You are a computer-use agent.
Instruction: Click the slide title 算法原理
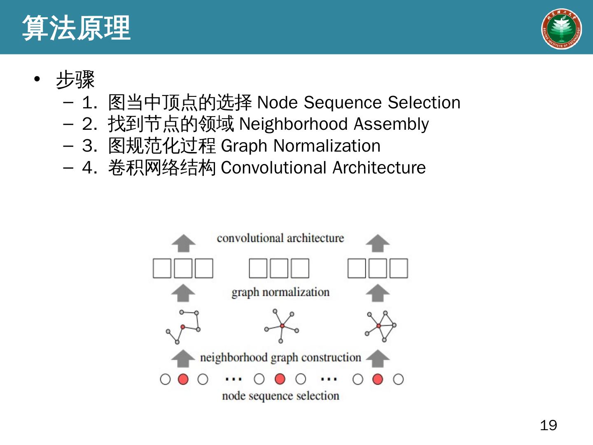point(76,28)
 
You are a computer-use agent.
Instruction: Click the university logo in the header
point(561,29)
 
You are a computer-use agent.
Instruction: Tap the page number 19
point(548,425)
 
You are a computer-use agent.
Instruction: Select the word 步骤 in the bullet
point(75,80)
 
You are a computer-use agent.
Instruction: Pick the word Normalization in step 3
point(327,146)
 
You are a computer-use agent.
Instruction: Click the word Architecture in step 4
point(379,168)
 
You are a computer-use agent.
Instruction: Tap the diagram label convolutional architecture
point(280,238)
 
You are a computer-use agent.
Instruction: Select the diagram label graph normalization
point(280,292)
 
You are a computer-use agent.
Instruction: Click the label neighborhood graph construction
point(280,357)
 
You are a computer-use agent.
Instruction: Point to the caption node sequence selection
point(280,396)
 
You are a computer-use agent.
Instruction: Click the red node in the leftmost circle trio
point(183,379)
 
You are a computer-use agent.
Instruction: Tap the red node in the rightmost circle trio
point(377,379)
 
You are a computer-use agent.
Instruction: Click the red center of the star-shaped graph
point(282,326)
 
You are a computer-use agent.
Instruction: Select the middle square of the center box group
point(279,268)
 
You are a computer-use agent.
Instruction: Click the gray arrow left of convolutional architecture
point(183,243)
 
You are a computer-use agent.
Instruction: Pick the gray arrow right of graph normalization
point(378,293)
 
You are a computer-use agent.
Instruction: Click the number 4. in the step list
point(89,168)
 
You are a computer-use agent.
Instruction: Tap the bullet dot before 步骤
point(37,79)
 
